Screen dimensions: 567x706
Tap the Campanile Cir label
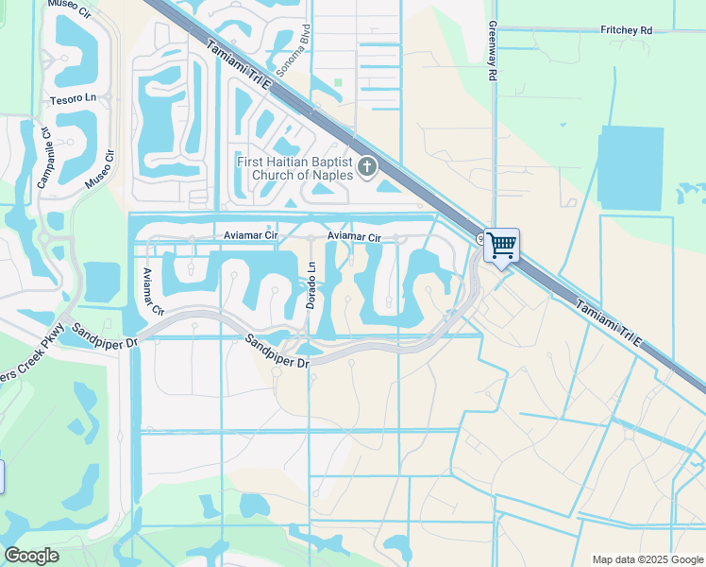click(44, 155)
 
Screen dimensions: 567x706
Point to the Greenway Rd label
click(492, 53)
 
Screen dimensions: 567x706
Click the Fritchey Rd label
click(626, 30)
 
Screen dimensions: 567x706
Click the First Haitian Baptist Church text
click(294, 168)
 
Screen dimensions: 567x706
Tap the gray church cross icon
click(367, 168)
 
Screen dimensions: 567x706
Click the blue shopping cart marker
click(501, 246)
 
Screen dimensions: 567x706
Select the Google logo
click(31, 556)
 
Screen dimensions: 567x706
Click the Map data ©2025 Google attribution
click(648, 559)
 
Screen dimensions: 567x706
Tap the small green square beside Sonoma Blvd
click(338, 83)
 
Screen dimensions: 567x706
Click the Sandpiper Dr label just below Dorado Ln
click(277, 351)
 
